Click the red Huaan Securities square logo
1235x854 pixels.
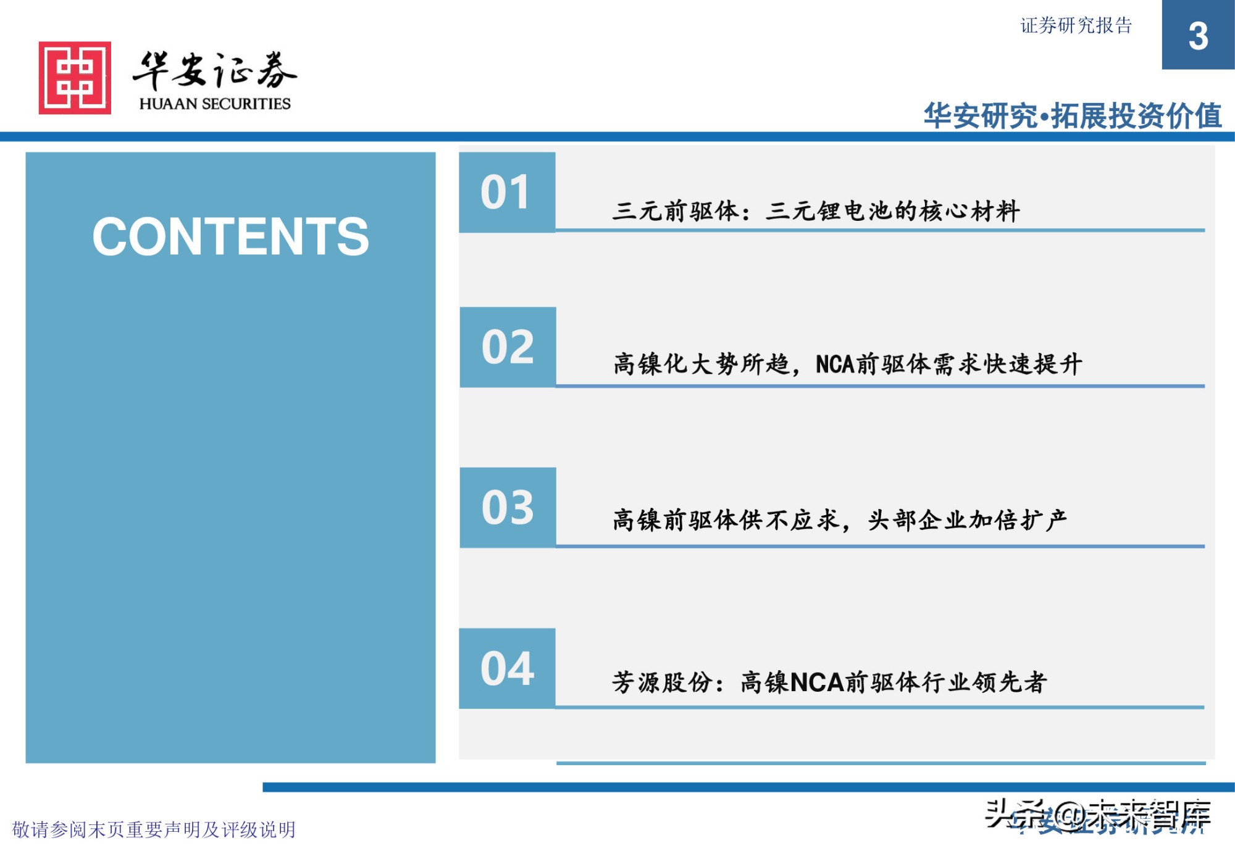tap(75, 78)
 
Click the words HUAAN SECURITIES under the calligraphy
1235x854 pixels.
tap(215, 104)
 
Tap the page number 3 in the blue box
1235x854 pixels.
tap(1198, 36)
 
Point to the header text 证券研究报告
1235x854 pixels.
tap(1076, 25)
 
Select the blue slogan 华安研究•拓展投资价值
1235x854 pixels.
tap(1073, 116)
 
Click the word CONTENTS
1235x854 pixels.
tap(230, 236)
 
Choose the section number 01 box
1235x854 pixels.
tap(506, 193)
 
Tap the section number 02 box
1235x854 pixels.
tap(508, 347)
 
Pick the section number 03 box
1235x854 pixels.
tap(508, 507)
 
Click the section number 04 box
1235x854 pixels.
tap(507, 668)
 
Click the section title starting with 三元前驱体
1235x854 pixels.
tap(815, 211)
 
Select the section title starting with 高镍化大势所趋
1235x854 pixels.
tap(847, 364)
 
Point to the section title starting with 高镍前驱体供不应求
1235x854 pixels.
tap(840, 520)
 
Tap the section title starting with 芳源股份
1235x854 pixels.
tap(829, 682)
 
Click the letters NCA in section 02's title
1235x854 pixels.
tap(835, 364)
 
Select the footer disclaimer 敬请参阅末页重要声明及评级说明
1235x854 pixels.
tap(154, 829)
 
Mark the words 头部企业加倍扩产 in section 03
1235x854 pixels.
tap(967, 520)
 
